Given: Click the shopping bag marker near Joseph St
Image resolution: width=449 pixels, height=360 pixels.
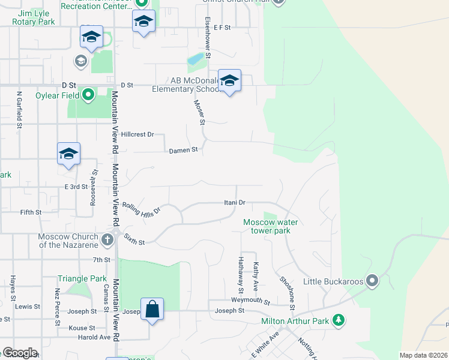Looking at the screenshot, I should tap(152, 310).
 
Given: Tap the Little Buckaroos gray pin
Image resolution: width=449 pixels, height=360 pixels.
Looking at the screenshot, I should tap(373, 281).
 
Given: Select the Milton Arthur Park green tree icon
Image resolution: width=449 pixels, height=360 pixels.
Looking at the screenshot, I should tap(339, 320).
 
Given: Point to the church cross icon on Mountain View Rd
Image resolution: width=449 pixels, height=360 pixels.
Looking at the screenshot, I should tap(107, 241).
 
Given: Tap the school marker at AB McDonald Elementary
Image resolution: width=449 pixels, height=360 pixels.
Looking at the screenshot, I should tap(229, 81).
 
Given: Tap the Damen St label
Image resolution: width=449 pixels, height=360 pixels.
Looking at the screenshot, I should tap(182, 150).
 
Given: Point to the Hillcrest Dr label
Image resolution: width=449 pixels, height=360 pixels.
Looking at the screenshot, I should tap(137, 134).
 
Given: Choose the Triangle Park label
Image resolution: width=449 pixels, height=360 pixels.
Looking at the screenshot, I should tap(82, 278).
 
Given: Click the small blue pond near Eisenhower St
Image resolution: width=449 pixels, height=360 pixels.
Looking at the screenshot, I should tap(195, 59).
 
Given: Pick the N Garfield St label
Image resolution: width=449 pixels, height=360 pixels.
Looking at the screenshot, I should tap(19, 110).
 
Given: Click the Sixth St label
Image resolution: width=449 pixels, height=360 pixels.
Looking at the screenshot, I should tap(134, 240).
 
